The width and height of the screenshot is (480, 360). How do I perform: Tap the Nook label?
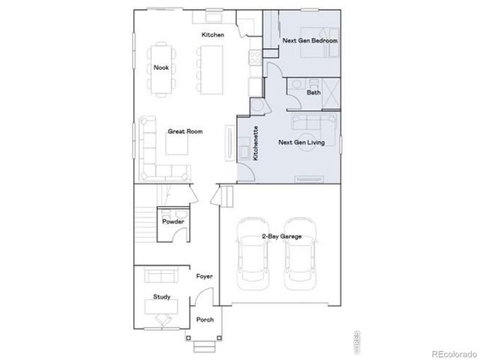(x=160, y=67)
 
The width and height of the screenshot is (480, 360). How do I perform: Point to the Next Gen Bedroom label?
(x=310, y=40)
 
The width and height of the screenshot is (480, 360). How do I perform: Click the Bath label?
(x=313, y=92)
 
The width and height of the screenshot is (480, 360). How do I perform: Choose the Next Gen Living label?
(x=301, y=142)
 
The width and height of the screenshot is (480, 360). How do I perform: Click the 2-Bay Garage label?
(x=281, y=236)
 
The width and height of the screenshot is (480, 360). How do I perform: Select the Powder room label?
(x=173, y=221)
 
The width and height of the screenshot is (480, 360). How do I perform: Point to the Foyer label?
(x=205, y=276)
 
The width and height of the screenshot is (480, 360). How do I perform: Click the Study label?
(x=161, y=296)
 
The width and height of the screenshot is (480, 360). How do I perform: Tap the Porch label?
(x=205, y=319)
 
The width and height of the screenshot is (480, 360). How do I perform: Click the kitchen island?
(x=210, y=66)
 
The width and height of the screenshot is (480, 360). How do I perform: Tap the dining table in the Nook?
(x=160, y=69)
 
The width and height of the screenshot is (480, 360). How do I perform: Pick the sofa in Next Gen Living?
(x=309, y=124)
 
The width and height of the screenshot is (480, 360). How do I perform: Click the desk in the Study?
(x=160, y=308)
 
